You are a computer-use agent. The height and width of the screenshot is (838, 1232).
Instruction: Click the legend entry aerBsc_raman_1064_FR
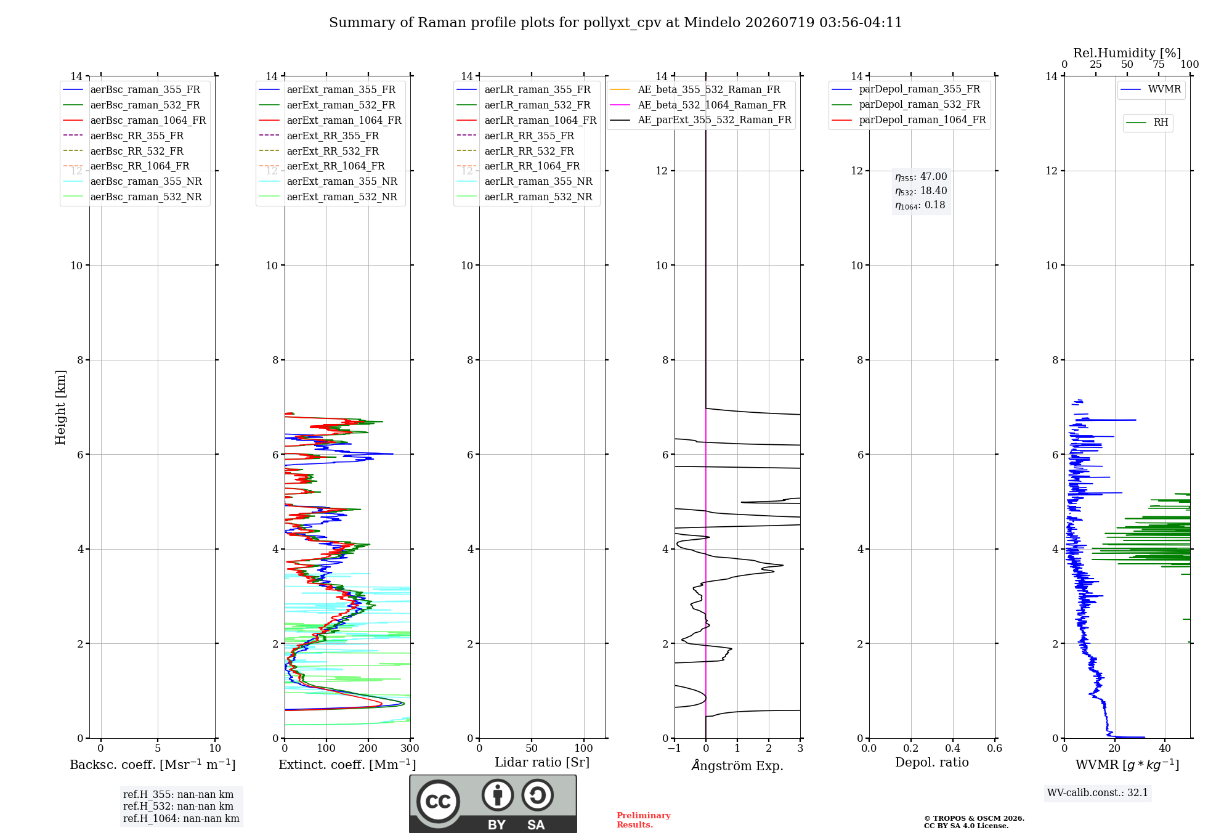(x=134, y=120)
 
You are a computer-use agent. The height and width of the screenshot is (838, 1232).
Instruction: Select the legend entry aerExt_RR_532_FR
(x=319, y=151)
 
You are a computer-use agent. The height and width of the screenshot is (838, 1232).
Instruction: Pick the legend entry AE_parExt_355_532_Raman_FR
(x=700, y=120)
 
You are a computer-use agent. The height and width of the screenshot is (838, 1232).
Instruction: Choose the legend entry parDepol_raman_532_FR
(x=906, y=104)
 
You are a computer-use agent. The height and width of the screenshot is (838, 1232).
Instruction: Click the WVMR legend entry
(x=1151, y=89)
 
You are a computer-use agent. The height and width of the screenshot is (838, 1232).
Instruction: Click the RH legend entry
(x=1148, y=123)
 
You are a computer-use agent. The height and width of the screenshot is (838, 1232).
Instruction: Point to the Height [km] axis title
(x=60, y=407)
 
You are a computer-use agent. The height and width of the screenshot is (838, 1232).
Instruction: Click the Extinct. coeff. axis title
(x=347, y=765)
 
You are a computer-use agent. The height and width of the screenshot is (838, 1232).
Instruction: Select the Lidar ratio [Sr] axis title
(x=542, y=762)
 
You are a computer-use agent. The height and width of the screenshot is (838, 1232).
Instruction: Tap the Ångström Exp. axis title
(x=737, y=765)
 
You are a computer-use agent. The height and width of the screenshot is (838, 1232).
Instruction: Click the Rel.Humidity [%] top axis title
(x=1127, y=53)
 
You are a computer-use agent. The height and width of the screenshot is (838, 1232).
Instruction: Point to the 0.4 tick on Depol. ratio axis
(x=953, y=748)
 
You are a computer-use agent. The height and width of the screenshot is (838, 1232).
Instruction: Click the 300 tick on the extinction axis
(x=410, y=748)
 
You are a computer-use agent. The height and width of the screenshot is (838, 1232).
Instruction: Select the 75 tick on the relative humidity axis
(x=1159, y=65)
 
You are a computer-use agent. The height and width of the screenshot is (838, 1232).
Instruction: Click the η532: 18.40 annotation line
(x=921, y=191)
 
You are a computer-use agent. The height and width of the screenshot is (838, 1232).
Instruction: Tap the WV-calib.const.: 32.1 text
(x=1098, y=792)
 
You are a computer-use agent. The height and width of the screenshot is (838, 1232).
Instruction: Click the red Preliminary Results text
(x=644, y=820)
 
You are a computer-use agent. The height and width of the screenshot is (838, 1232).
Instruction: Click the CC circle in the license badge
(x=438, y=801)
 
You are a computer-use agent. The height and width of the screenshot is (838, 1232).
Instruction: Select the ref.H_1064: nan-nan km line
(x=181, y=818)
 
